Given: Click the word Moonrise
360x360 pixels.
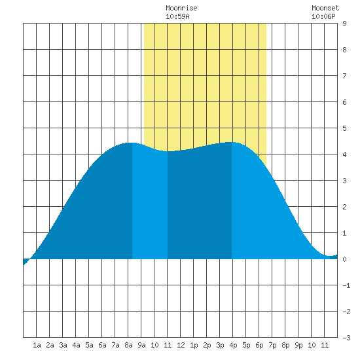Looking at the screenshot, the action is (x=181, y=8).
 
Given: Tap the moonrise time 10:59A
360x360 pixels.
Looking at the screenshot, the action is (x=177, y=16).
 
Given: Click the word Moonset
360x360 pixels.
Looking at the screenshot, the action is (x=325, y=8).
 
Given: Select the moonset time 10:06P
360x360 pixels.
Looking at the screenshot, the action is (x=323, y=16).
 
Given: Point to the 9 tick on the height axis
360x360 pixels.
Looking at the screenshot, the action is (x=344, y=24).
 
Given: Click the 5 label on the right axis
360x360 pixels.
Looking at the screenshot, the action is (x=344, y=128).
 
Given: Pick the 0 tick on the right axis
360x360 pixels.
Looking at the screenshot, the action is (x=344, y=259).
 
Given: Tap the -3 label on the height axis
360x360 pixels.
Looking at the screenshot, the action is (x=346, y=338).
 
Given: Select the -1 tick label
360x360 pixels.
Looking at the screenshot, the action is (x=346, y=285).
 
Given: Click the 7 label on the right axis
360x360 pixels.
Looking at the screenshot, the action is (x=344, y=76).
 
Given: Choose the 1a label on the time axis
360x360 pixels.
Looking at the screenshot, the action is (x=37, y=345).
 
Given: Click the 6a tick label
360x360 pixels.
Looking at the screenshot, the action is (x=102, y=345).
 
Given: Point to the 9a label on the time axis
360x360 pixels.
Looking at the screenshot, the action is (x=141, y=345).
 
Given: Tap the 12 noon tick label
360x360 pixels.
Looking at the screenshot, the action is (x=181, y=345).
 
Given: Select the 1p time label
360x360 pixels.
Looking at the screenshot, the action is (x=194, y=345).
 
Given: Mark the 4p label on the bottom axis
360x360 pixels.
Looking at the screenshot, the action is (x=233, y=345).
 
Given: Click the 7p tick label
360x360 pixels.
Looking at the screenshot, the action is (x=272, y=345).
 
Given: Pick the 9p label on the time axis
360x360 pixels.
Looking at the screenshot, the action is (x=298, y=345).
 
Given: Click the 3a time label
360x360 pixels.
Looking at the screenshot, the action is (x=63, y=345).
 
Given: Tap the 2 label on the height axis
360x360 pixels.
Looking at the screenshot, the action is (x=344, y=207).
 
